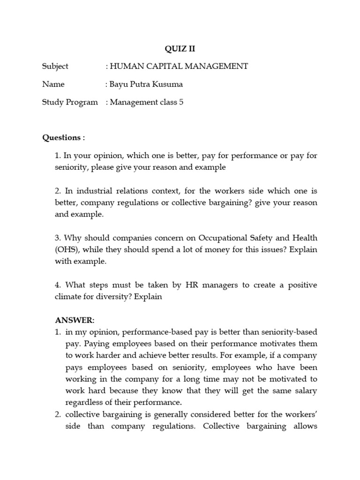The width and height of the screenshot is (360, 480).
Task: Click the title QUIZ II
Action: (x=180, y=48)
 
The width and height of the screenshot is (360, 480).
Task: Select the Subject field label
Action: (x=55, y=66)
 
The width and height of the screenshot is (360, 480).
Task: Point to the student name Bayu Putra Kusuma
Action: (x=146, y=84)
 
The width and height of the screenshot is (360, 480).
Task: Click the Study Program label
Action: (x=70, y=102)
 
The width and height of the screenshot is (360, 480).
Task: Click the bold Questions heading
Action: (x=62, y=137)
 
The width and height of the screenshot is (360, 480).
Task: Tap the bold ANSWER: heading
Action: (x=75, y=320)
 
